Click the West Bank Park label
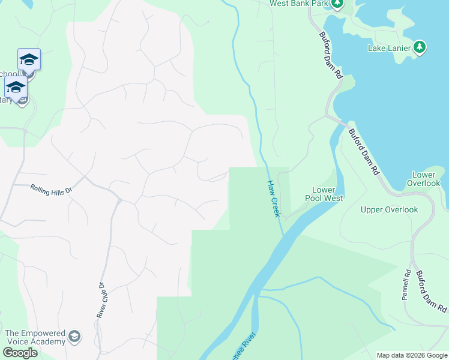299,4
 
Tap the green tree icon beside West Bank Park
337,4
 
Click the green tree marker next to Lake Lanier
420,47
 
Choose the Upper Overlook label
389,209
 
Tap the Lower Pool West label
324,194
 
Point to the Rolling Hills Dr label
51,188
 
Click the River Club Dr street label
101,300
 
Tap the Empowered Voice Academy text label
34,337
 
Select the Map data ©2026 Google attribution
412,355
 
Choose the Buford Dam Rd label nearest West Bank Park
331,56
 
